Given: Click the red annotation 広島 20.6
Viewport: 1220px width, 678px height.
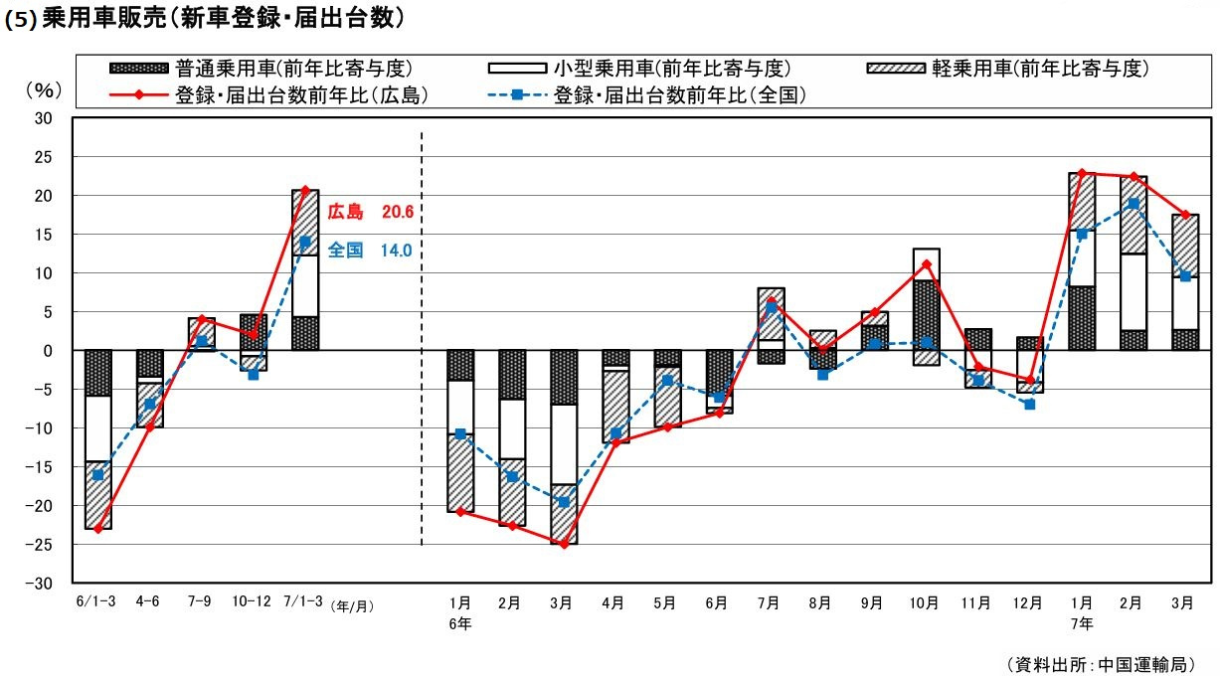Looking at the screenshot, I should (370, 212).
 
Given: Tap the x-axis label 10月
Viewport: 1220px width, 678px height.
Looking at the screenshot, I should (924, 603).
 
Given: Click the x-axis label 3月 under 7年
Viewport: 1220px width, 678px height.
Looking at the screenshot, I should (1184, 603).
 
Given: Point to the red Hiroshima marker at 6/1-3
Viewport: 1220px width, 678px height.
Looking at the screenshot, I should (97, 529).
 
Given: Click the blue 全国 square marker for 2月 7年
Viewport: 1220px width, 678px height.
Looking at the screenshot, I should (1133, 204).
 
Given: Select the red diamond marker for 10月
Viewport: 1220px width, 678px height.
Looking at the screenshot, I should (926, 264).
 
